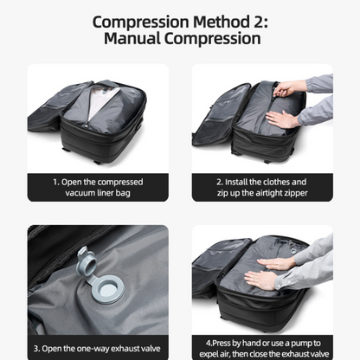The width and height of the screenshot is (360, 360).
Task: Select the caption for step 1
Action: (x=98, y=188)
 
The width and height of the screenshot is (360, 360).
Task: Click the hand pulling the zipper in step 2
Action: (x=289, y=88)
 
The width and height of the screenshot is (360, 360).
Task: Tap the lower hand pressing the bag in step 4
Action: (x=260, y=280)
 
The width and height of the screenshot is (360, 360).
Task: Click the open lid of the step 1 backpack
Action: (x=55, y=109)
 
